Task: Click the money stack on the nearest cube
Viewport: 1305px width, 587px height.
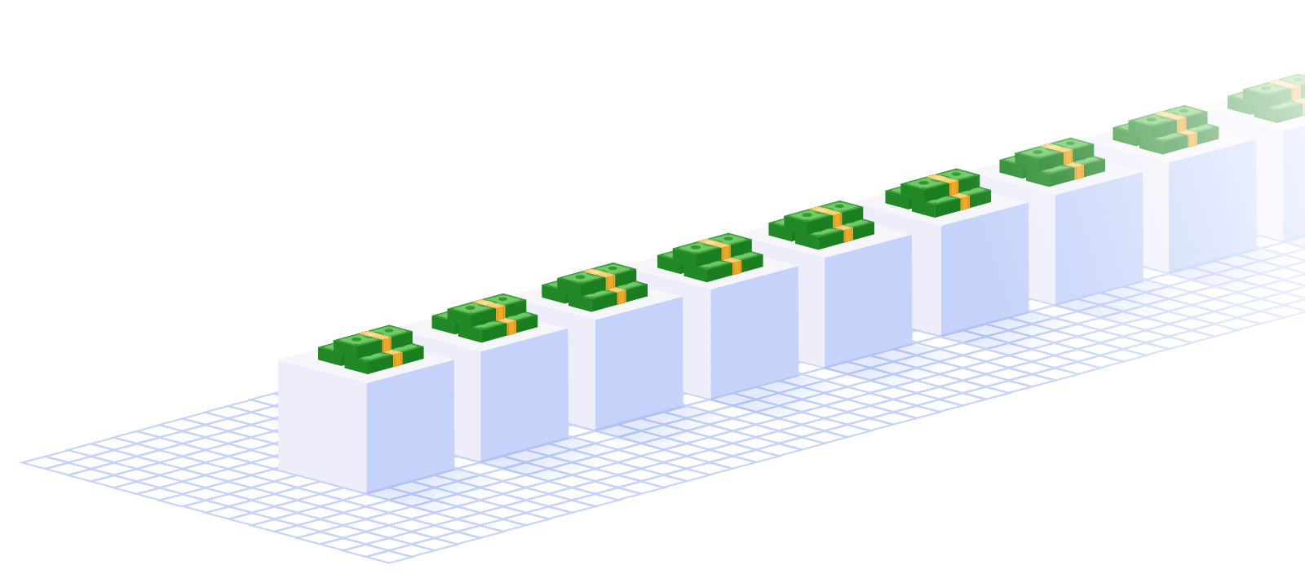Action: pos(371,349)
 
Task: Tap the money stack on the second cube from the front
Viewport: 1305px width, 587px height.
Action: pos(484,318)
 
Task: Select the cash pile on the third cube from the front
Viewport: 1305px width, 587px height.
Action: pos(595,287)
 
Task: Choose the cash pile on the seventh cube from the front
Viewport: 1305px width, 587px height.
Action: pos(1052,161)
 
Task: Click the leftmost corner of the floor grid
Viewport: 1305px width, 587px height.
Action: pos(22,463)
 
